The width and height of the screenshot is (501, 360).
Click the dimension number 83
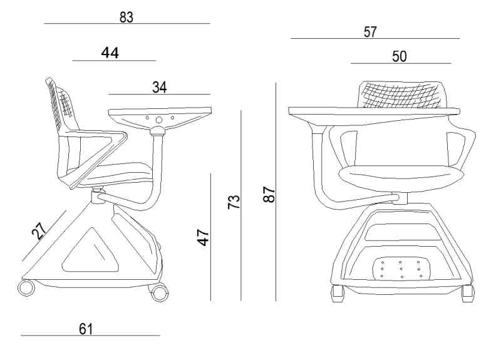point(127,18)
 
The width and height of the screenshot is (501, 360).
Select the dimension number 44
point(110,53)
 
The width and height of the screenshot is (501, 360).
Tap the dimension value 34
point(160,87)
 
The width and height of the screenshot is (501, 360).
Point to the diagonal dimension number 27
point(39,230)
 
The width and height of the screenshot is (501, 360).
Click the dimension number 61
point(86,329)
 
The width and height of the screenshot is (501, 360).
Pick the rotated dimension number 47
point(203,237)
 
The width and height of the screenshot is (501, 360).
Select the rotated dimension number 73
point(234,202)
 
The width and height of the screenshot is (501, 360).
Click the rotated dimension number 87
point(269,194)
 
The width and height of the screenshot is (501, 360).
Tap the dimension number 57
point(370,32)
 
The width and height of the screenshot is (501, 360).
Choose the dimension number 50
point(399,56)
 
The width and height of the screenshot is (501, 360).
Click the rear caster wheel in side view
point(26,287)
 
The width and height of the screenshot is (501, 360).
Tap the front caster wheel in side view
point(160,293)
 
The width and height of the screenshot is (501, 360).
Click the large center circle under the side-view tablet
point(159,120)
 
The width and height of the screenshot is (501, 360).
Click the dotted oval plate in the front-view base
point(401,269)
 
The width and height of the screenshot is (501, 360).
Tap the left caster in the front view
point(338,294)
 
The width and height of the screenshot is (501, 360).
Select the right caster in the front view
point(468,294)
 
